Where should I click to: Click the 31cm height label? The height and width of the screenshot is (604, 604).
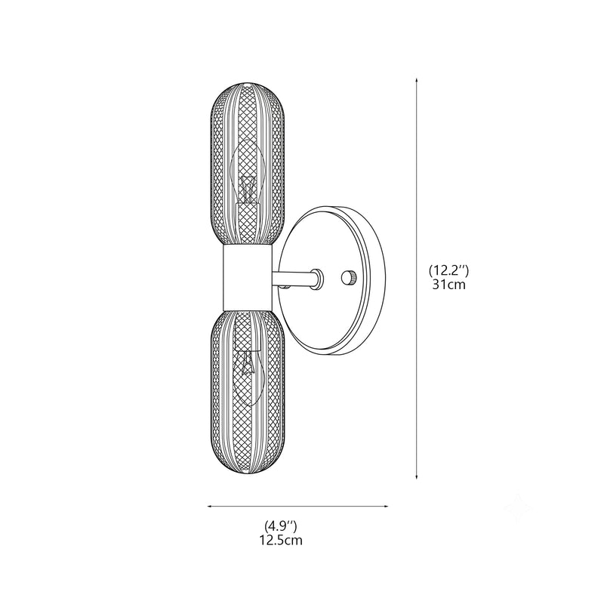pyautogui.click(x=448, y=285)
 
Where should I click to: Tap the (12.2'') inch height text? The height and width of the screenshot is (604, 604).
pyautogui.click(x=448, y=271)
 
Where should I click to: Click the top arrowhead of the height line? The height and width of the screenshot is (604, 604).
pyautogui.click(x=417, y=80)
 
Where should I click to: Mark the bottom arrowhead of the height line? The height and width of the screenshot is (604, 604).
pyautogui.click(x=417, y=477)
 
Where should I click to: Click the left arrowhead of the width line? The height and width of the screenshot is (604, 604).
pyautogui.click(x=210, y=506)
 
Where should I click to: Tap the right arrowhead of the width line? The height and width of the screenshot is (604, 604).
pyautogui.click(x=385, y=506)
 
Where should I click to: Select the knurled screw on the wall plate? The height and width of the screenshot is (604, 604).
pyautogui.click(x=350, y=277)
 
